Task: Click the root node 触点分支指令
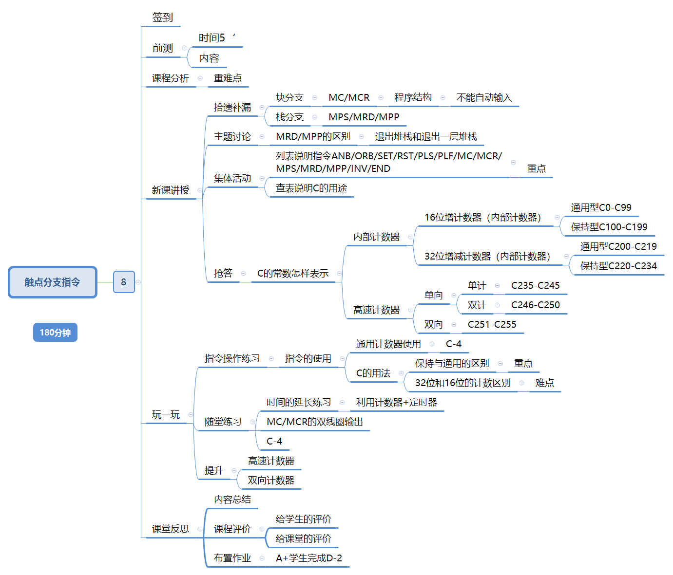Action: click(x=53, y=282)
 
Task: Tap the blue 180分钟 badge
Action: click(x=55, y=333)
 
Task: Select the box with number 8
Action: click(x=124, y=282)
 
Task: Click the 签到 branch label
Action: click(x=162, y=18)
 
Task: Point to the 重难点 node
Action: click(x=228, y=78)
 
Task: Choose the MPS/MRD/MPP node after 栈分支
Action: click(x=364, y=117)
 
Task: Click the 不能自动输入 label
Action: click(x=484, y=97)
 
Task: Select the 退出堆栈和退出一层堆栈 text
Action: click(x=426, y=136)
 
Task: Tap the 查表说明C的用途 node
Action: click(x=311, y=188)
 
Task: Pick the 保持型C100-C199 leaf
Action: click(x=609, y=227)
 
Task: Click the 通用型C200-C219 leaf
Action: click(x=618, y=246)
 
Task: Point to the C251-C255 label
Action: click(x=492, y=324)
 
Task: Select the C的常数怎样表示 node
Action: click(x=293, y=273)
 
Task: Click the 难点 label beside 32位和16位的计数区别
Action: click(x=544, y=383)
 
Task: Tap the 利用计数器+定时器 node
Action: click(x=396, y=402)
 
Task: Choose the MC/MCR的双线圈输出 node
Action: click(x=315, y=422)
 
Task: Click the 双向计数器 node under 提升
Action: click(x=271, y=480)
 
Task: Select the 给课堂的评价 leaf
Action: click(x=303, y=538)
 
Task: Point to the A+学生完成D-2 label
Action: click(x=309, y=558)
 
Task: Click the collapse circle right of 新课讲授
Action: click(x=200, y=190)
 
